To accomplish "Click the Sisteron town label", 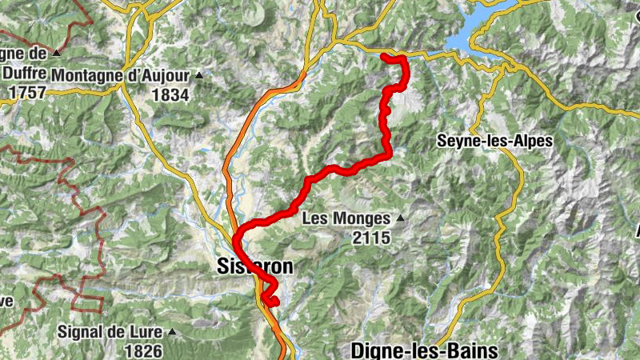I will [254, 268].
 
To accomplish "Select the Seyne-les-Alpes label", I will [494, 141].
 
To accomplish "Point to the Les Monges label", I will [346, 218].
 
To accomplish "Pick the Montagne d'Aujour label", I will [120, 76].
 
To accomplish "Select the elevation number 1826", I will [143, 350].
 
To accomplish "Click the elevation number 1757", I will [23, 91].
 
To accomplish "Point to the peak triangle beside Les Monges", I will [399, 218].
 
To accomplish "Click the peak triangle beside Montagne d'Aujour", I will [198, 76].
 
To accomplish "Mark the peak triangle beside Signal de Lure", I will [170, 331].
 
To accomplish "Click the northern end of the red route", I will [383, 56].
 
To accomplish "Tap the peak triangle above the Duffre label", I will [56, 53].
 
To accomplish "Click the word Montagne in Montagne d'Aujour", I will [86, 76].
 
